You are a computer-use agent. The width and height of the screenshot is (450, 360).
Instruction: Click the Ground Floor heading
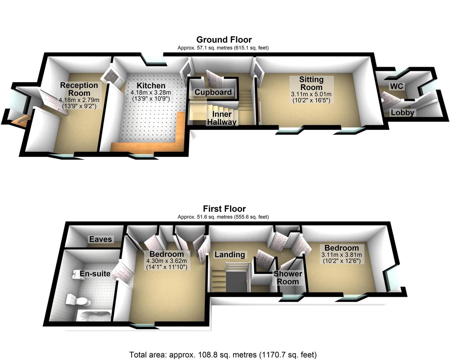tap(224, 40)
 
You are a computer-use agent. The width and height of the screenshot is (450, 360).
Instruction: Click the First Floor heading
tap(224, 209)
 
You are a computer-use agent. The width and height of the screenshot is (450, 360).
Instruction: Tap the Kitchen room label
tap(151, 86)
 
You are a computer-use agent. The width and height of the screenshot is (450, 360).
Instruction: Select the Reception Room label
tap(79, 89)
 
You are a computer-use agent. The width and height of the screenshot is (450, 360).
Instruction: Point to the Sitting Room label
tap(311, 83)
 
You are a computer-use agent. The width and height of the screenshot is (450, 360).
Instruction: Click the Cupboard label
tap(213, 92)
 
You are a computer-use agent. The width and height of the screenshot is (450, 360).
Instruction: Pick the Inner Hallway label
tap(222, 118)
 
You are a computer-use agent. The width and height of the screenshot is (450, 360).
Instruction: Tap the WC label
tap(396, 87)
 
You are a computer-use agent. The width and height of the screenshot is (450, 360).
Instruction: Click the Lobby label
tap(402, 113)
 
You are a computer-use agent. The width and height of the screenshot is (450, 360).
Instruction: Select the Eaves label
tap(101, 239)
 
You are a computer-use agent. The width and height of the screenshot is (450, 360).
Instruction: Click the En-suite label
tap(95, 274)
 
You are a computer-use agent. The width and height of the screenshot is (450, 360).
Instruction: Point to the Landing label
tap(230, 255)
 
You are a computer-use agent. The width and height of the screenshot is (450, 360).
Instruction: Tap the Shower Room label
tap(288, 278)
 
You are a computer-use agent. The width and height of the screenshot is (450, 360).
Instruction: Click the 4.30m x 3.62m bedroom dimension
tap(167, 261)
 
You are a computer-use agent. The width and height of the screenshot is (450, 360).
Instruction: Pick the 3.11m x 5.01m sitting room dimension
tap(311, 94)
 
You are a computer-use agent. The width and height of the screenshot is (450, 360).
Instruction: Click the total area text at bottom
tap(223, 354)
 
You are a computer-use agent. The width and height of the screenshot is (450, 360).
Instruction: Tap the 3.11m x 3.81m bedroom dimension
tap(341, 255)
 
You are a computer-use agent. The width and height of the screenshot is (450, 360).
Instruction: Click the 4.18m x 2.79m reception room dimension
tap(79, 100)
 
